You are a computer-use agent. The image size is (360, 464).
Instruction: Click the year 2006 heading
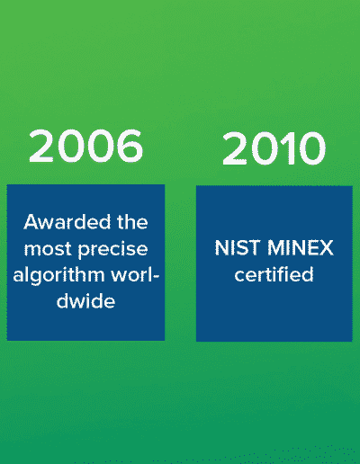pos(85,146)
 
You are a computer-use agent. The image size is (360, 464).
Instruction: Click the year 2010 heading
pos(274,148)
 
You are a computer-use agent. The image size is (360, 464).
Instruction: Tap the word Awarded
pos(67,222)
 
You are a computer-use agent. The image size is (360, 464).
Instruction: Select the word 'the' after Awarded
pos(132,222)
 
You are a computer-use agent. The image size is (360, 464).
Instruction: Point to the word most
pos(48,249)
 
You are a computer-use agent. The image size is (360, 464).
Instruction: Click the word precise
pos(112,250)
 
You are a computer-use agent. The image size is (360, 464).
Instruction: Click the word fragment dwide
pos(85,300)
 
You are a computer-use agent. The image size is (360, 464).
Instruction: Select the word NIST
pos(237,248)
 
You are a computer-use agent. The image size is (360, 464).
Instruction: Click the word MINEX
pos(301,248)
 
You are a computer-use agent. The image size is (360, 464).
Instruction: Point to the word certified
pos(274,274)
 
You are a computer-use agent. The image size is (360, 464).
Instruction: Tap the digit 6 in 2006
pos(129,146)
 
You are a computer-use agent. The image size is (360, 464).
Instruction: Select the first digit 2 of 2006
pos(42,146)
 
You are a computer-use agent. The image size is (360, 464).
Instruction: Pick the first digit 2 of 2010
pos(235,148)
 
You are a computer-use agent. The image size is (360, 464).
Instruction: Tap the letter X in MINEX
pos(325,248)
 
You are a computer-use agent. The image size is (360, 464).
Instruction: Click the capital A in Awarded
pos(31,222)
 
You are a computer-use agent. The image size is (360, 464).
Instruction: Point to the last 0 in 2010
pos(311,148)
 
